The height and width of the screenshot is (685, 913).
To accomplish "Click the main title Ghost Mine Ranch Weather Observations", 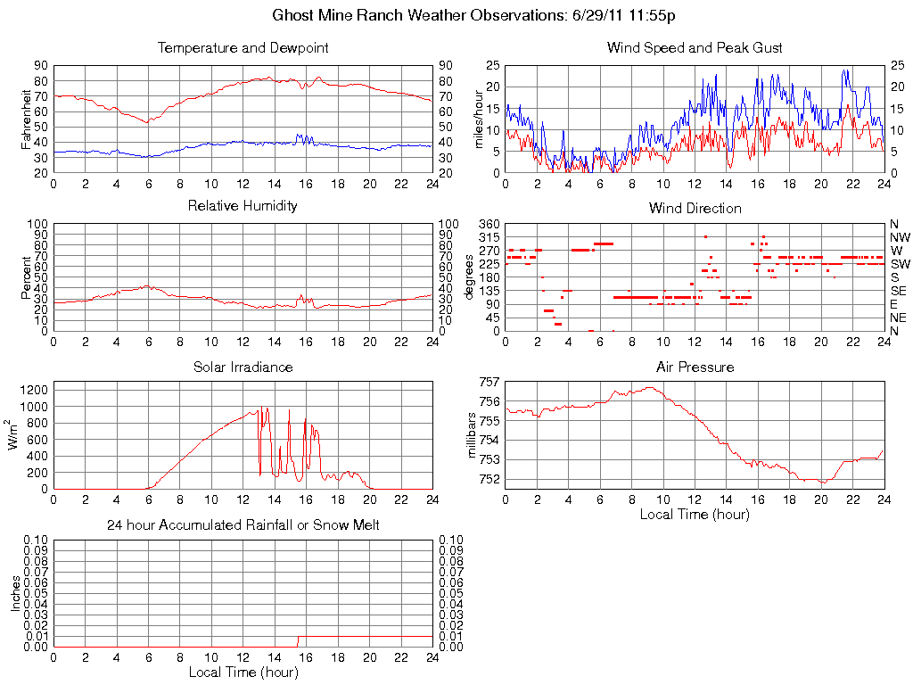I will pyautogui.click(x=473, y=15).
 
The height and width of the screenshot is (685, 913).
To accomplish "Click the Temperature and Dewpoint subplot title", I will pyautogui.click(x=243, y=48).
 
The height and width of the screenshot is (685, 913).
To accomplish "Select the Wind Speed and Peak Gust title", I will pyautogui.click(x=695, y=48).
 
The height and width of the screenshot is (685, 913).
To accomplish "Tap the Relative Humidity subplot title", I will pyautogui.click(x=243, y=206).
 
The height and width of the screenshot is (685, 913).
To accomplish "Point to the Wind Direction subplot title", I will pyautogui.click(x=695, y=208).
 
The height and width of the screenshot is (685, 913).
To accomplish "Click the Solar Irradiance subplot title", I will pyautogui.click(x=243, y=367).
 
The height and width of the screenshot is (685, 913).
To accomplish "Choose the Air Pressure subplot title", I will pyautogui.click(x=695, y=367).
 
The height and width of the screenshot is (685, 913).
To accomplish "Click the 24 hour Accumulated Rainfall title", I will pyautogui.click(x=243, y=525).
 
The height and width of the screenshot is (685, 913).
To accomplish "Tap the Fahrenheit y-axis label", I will pyautogui.click(x=27, y=119).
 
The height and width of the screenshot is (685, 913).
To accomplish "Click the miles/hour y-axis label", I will pyautogui.click(x=479, y=119).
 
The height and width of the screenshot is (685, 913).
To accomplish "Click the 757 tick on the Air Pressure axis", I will pyautogui.click(x=489, y=382).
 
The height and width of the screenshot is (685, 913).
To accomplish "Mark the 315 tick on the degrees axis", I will pyautogui.click(x=489, y=237).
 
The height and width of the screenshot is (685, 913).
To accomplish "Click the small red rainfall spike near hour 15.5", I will pyautogui.click(x=298, y=640).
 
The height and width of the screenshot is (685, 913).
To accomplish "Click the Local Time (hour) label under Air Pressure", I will pyautogui.click(x=695, y=514).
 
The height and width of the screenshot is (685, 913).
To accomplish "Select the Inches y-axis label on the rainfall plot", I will pyautogui.click(x=15, y=593).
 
